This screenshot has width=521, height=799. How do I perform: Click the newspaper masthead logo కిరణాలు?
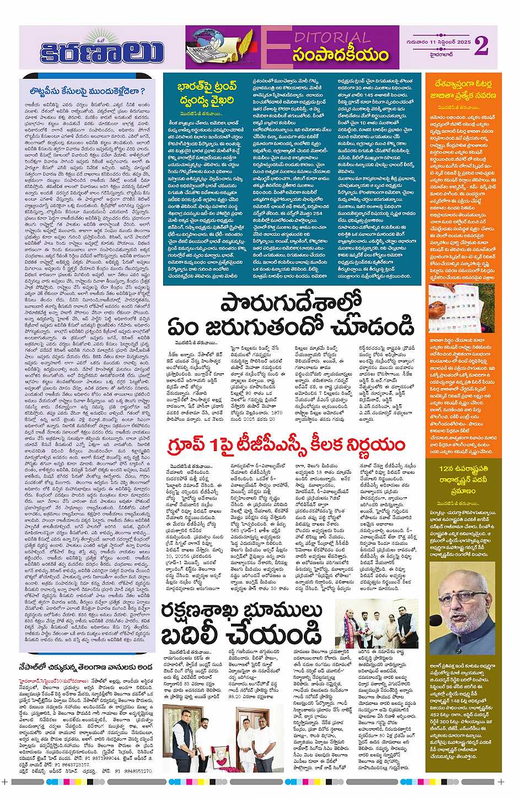(x=102, y=52)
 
